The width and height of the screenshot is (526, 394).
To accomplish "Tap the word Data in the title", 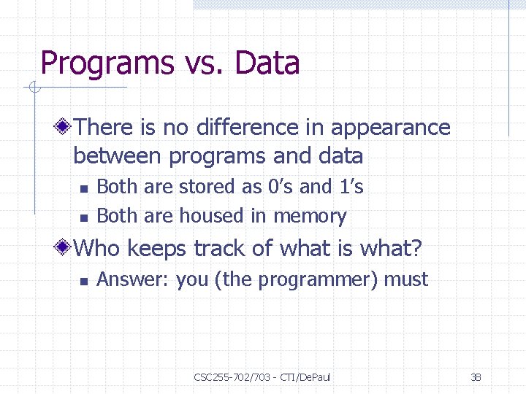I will [267, 63].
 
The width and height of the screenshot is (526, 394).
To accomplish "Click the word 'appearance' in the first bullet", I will [391, 128].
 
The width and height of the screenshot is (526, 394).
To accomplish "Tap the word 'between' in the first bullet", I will [118, 156].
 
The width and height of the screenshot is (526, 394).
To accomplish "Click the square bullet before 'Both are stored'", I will [84, 188].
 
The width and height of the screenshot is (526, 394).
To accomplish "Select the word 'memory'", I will [310, 217].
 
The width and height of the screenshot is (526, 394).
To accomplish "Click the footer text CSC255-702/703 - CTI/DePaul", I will [262, 377].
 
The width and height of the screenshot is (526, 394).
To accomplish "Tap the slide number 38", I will [476, 377].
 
